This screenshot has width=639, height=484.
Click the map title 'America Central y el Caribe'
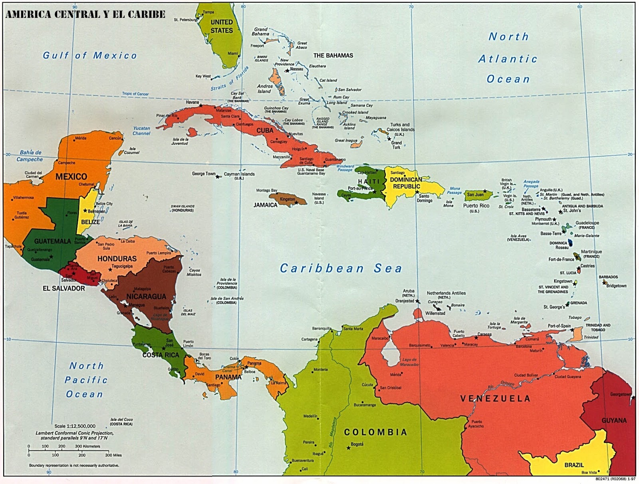click(85, 14)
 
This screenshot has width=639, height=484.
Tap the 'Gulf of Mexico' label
click(90, 55)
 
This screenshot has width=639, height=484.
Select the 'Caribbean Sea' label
click(341, 269)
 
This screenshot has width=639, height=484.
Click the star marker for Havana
click(201, 106)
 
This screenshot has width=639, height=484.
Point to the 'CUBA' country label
click(265, 130)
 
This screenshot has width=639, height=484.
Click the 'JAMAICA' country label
click(265, 205)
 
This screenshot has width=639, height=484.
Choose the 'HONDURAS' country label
click(117, 259)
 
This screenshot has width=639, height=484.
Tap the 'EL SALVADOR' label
click(64, 288)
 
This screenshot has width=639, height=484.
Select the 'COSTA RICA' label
click(161, 355)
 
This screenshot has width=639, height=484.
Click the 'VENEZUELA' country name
click(495, 398)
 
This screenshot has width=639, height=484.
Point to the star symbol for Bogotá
click(348, 448)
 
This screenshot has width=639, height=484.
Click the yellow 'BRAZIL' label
click(574, 465)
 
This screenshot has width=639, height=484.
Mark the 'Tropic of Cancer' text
click(135, 94)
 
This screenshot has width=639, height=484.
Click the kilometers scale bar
click(64, 450)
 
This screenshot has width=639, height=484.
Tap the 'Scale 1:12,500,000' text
click(75, 426)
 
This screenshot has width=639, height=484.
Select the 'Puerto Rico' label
click(476, 206)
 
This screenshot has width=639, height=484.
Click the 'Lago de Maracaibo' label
click(410, 362)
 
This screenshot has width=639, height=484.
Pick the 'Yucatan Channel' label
click(141, 131)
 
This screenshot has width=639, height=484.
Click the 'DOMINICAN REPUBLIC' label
click(406, 183)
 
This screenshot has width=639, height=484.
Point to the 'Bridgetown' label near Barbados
click(616, 286)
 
